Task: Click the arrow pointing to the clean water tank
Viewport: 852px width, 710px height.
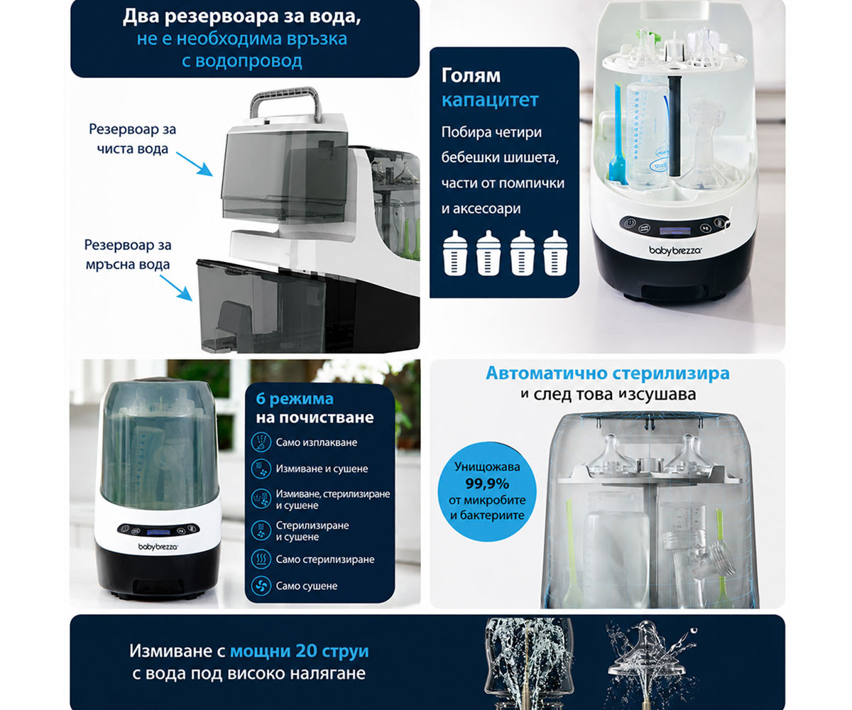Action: (195, 165)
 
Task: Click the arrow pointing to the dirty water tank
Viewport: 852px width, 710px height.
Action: (176, 288)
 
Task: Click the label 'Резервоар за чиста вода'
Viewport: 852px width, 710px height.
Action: (133, 139)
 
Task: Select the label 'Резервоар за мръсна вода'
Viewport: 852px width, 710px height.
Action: (128, 255)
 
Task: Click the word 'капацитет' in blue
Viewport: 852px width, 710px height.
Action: (490, 100)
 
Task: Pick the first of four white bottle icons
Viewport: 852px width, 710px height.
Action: (455, 253)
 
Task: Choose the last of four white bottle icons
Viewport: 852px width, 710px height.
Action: (555, 253)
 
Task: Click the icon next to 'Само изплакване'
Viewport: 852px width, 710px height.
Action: (261, 442)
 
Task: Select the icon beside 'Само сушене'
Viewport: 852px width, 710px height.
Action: (261, 586)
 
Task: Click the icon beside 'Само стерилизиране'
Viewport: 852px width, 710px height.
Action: (261, 559)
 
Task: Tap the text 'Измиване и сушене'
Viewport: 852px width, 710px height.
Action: (322, 469)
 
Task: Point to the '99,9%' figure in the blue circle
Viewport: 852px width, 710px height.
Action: (487, 484)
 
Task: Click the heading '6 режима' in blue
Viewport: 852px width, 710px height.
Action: (295, 398)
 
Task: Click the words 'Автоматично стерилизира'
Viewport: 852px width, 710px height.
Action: (608, 373)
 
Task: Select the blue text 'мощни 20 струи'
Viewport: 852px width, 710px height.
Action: (300, 651)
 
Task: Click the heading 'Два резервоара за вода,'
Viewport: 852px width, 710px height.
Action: (242, 17)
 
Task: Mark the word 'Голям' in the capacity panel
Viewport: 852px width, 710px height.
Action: (471, 76)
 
